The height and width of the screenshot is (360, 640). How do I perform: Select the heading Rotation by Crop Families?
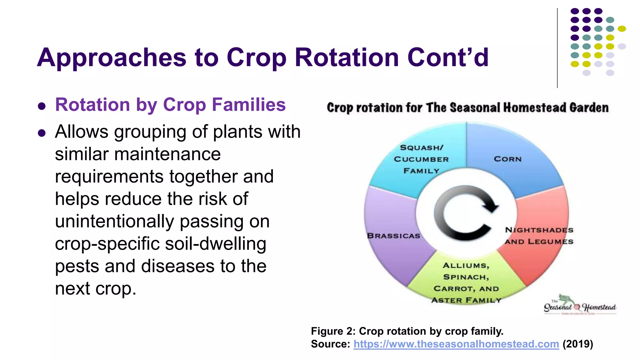170,105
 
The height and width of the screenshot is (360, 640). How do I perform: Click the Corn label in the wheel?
507,159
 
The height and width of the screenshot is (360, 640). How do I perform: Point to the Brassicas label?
393,236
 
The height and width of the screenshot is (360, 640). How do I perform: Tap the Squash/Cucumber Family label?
421,159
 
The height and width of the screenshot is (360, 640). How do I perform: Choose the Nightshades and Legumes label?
539,236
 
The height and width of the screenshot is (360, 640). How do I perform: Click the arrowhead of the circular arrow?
491,206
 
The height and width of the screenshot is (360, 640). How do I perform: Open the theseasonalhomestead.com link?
456,344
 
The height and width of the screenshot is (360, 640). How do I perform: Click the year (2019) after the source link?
577,344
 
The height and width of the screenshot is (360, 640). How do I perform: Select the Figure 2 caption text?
407,331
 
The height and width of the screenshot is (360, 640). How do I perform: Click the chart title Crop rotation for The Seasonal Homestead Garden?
467,108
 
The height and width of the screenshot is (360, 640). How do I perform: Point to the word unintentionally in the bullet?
114,222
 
